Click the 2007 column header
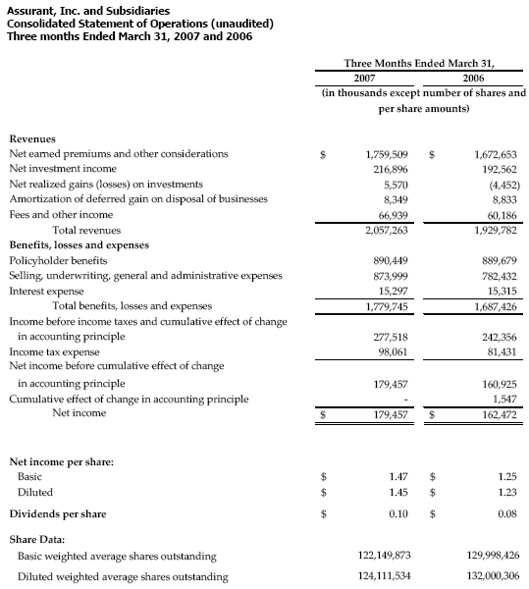[x=363, y=77]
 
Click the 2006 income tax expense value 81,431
[x=499, y=351]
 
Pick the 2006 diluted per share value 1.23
[x=505, y=492]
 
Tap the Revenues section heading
[x=32, y=138]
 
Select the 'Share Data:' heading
[x=37, y=539]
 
